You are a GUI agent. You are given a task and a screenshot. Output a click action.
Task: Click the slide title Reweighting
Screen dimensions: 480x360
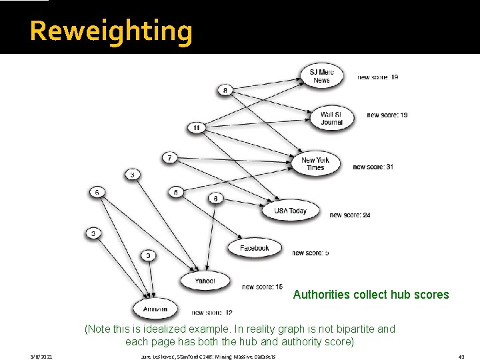pos(111,31)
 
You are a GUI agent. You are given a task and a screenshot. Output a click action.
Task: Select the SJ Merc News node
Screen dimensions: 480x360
pos(321,76)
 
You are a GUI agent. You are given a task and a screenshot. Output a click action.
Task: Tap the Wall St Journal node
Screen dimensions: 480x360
pos(331,118)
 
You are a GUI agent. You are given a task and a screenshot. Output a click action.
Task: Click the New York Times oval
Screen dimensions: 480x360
pos(315,163)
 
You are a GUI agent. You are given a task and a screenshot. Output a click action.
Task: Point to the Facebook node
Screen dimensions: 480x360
pos(254,248)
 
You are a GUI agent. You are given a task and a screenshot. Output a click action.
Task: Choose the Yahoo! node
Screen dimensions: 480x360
pos(205,281)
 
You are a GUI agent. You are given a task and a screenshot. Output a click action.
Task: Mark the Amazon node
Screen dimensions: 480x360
pos(155,309)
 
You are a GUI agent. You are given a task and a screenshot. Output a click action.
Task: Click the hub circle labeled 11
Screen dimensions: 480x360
pos(196,127)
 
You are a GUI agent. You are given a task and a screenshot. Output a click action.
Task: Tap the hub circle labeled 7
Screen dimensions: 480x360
pos(170,158)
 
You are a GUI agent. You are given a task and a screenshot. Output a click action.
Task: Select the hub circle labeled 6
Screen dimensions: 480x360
pos(97,193)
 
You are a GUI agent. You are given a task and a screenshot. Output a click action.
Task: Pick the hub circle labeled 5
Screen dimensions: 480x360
pos(176,193)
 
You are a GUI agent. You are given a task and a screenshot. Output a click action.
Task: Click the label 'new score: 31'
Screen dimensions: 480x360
pos(373,167)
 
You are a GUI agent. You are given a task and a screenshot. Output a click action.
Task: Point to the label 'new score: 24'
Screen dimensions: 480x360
pos(350,215)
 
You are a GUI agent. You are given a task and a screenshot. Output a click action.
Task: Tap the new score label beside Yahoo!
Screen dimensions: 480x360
pos(262,287)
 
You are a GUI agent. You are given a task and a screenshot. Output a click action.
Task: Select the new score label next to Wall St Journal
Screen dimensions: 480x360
pos(387,115)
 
